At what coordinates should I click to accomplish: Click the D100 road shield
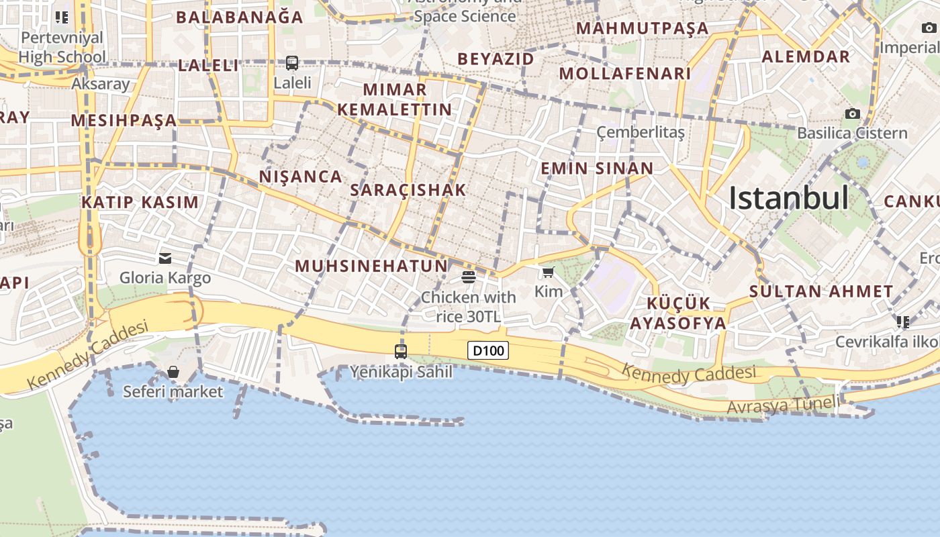pos(488,350)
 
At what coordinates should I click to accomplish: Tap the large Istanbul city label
pos(788,198)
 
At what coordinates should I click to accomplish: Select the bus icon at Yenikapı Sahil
pos(401,351)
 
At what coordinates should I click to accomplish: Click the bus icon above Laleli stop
pos(292,63)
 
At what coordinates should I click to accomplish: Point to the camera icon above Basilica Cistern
pos(853,113)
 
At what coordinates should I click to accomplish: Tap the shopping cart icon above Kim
pos(549,272)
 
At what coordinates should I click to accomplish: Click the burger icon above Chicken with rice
pos(469,277)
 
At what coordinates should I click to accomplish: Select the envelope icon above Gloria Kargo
pos(165,258)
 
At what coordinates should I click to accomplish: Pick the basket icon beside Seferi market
pos(173,372)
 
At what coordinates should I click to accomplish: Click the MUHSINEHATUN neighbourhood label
pos(371,266)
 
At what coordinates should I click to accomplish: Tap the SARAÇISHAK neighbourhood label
pos(408,190)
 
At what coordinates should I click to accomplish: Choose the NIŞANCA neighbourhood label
pos(301,177)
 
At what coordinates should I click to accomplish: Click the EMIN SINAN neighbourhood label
pos(597,168)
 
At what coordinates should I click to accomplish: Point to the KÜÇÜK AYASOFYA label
pos(677,313)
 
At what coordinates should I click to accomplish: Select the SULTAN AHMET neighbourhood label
pos(821,291)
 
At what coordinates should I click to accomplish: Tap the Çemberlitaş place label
pos(641,132)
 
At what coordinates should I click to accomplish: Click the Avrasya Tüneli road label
pos(783,405)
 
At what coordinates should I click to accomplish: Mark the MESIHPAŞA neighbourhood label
pos(124,121)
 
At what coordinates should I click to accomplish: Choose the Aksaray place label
pos(100,84)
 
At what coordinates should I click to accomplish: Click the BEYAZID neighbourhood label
pos(496,59)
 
